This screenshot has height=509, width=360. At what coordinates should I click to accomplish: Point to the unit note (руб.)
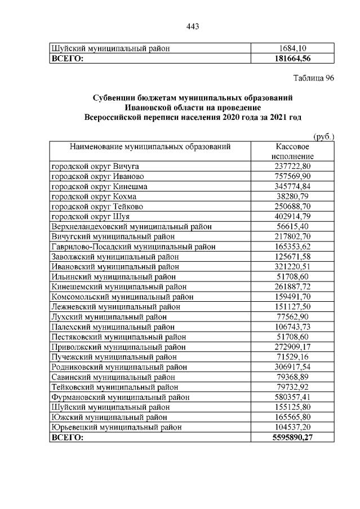coord(323,136)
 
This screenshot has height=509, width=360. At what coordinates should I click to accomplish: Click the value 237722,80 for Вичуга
coord(291,166)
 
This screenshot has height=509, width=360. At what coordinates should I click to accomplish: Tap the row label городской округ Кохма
coord(94,197)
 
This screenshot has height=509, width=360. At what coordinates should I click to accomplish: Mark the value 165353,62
coord(291,247)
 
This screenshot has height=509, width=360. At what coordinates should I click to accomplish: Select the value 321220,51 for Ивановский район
coord(291,267)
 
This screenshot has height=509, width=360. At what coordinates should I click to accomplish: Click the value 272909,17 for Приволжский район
coord(291,347)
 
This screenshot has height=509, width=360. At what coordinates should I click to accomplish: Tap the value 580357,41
coord(291,398)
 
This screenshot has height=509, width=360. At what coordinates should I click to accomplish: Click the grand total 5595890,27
coord(291,437)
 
